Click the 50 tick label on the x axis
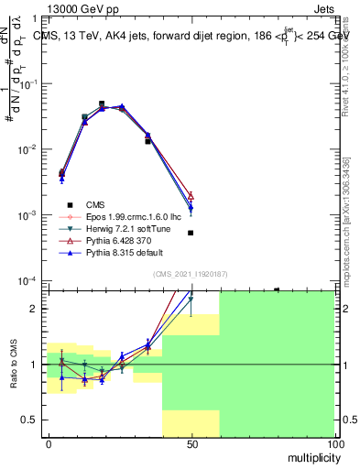click(x=191, y=443)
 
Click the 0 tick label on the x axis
click(x=49, y=443)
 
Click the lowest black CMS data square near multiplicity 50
click(x=191, y=233)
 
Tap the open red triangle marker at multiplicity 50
click(x=191, y=195)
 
